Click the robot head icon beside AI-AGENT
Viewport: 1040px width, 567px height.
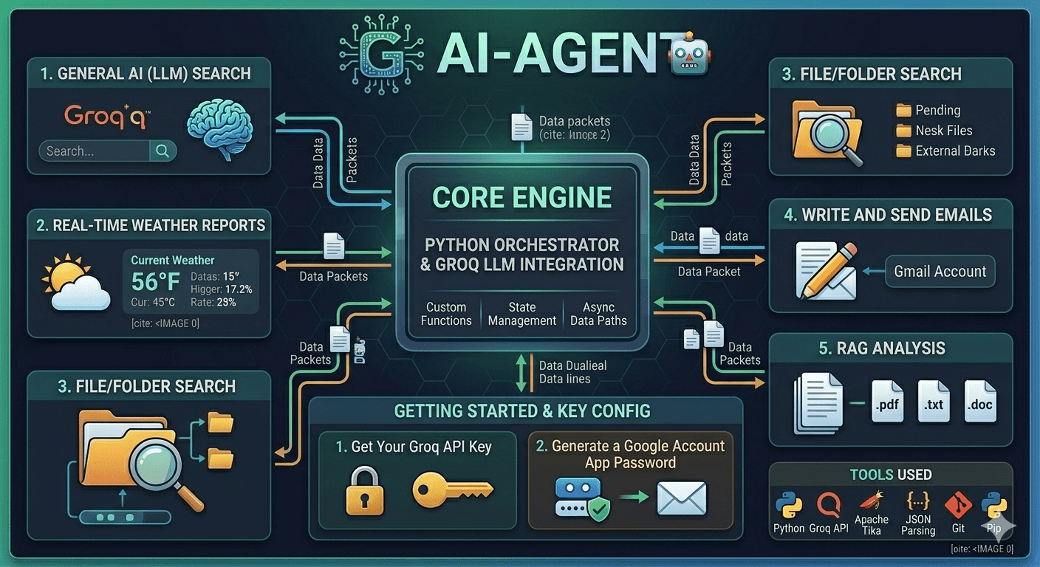pyautogui.click(x=689, y=54)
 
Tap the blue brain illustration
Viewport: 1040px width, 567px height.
pyautogui.click(x=220, y=128)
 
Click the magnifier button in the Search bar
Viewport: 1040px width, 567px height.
pyautogui.click(x=162, y=151)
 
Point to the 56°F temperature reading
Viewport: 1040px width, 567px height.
pyautogui.click(x=156, y=281)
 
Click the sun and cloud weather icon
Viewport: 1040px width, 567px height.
pyautogui.click(x=76, y=282)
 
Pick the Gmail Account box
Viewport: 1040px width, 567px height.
pyautogui.click(x=940, y=272)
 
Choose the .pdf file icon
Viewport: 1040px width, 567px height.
pyautogui.click(x=887, y=402)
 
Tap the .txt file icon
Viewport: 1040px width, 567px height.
pyautogui.click(x=934, y=402)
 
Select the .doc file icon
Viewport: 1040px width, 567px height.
pyautogui.click(x=980, y=402)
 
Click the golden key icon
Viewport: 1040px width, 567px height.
pyautogui.click(x=452, y=490)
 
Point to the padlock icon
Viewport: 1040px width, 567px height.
pyautogui.click(x=365, y=492)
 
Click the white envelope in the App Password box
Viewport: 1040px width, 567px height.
pyautogui.click(x=682, y=498)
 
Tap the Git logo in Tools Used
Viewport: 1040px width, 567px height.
pyautogui.click(x=958, y=505)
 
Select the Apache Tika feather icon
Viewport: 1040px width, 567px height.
pyautogui.click(x=871, y=501)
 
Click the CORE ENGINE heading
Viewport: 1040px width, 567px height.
pyautogui.click(x=522, y=198)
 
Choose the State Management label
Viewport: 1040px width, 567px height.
pyautogui.click(x=522, y=314)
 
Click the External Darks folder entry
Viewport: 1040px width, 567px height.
pyautogui.click(x=945, y=151)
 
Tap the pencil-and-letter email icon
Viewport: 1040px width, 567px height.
pyautogui.click(x=826, y=270)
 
